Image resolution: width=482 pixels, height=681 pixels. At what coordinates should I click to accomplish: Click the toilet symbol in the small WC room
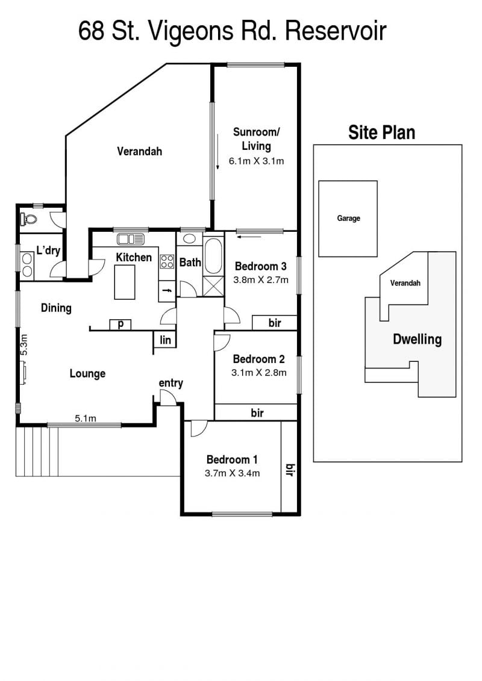tap(28, 219)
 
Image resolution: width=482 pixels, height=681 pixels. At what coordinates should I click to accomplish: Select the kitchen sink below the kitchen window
tap(130, 239)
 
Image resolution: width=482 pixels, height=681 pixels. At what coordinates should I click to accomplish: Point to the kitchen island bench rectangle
tap(125, 282)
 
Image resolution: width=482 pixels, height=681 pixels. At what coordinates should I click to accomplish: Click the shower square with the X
tap(213, 286)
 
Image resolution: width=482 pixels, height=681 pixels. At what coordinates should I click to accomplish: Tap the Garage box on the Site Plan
tap(348, 219)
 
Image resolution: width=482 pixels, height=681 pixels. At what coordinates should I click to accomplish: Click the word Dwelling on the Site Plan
tap(417, 339)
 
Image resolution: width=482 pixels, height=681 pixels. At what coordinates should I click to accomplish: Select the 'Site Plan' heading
tap(381, 132)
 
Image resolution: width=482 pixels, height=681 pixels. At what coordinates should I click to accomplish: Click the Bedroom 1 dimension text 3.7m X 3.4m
tap(232, 473)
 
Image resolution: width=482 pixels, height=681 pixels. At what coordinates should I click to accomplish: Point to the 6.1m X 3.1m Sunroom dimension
tap(257, 161)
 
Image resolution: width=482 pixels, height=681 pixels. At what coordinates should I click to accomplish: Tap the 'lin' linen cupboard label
tap(165, 340)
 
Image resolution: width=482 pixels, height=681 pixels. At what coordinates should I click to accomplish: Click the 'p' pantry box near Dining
tap(120, 325)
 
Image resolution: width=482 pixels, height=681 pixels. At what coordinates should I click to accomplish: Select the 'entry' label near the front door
tap(171, 383)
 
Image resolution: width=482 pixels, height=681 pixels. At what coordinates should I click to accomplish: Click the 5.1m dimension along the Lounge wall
tap(85, 418)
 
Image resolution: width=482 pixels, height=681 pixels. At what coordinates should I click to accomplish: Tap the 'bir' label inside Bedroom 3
tap(275, 323)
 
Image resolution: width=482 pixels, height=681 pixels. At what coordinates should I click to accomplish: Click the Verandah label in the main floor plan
tap(140, 151)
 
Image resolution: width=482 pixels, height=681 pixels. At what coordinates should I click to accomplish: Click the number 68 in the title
tap(91, 31)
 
